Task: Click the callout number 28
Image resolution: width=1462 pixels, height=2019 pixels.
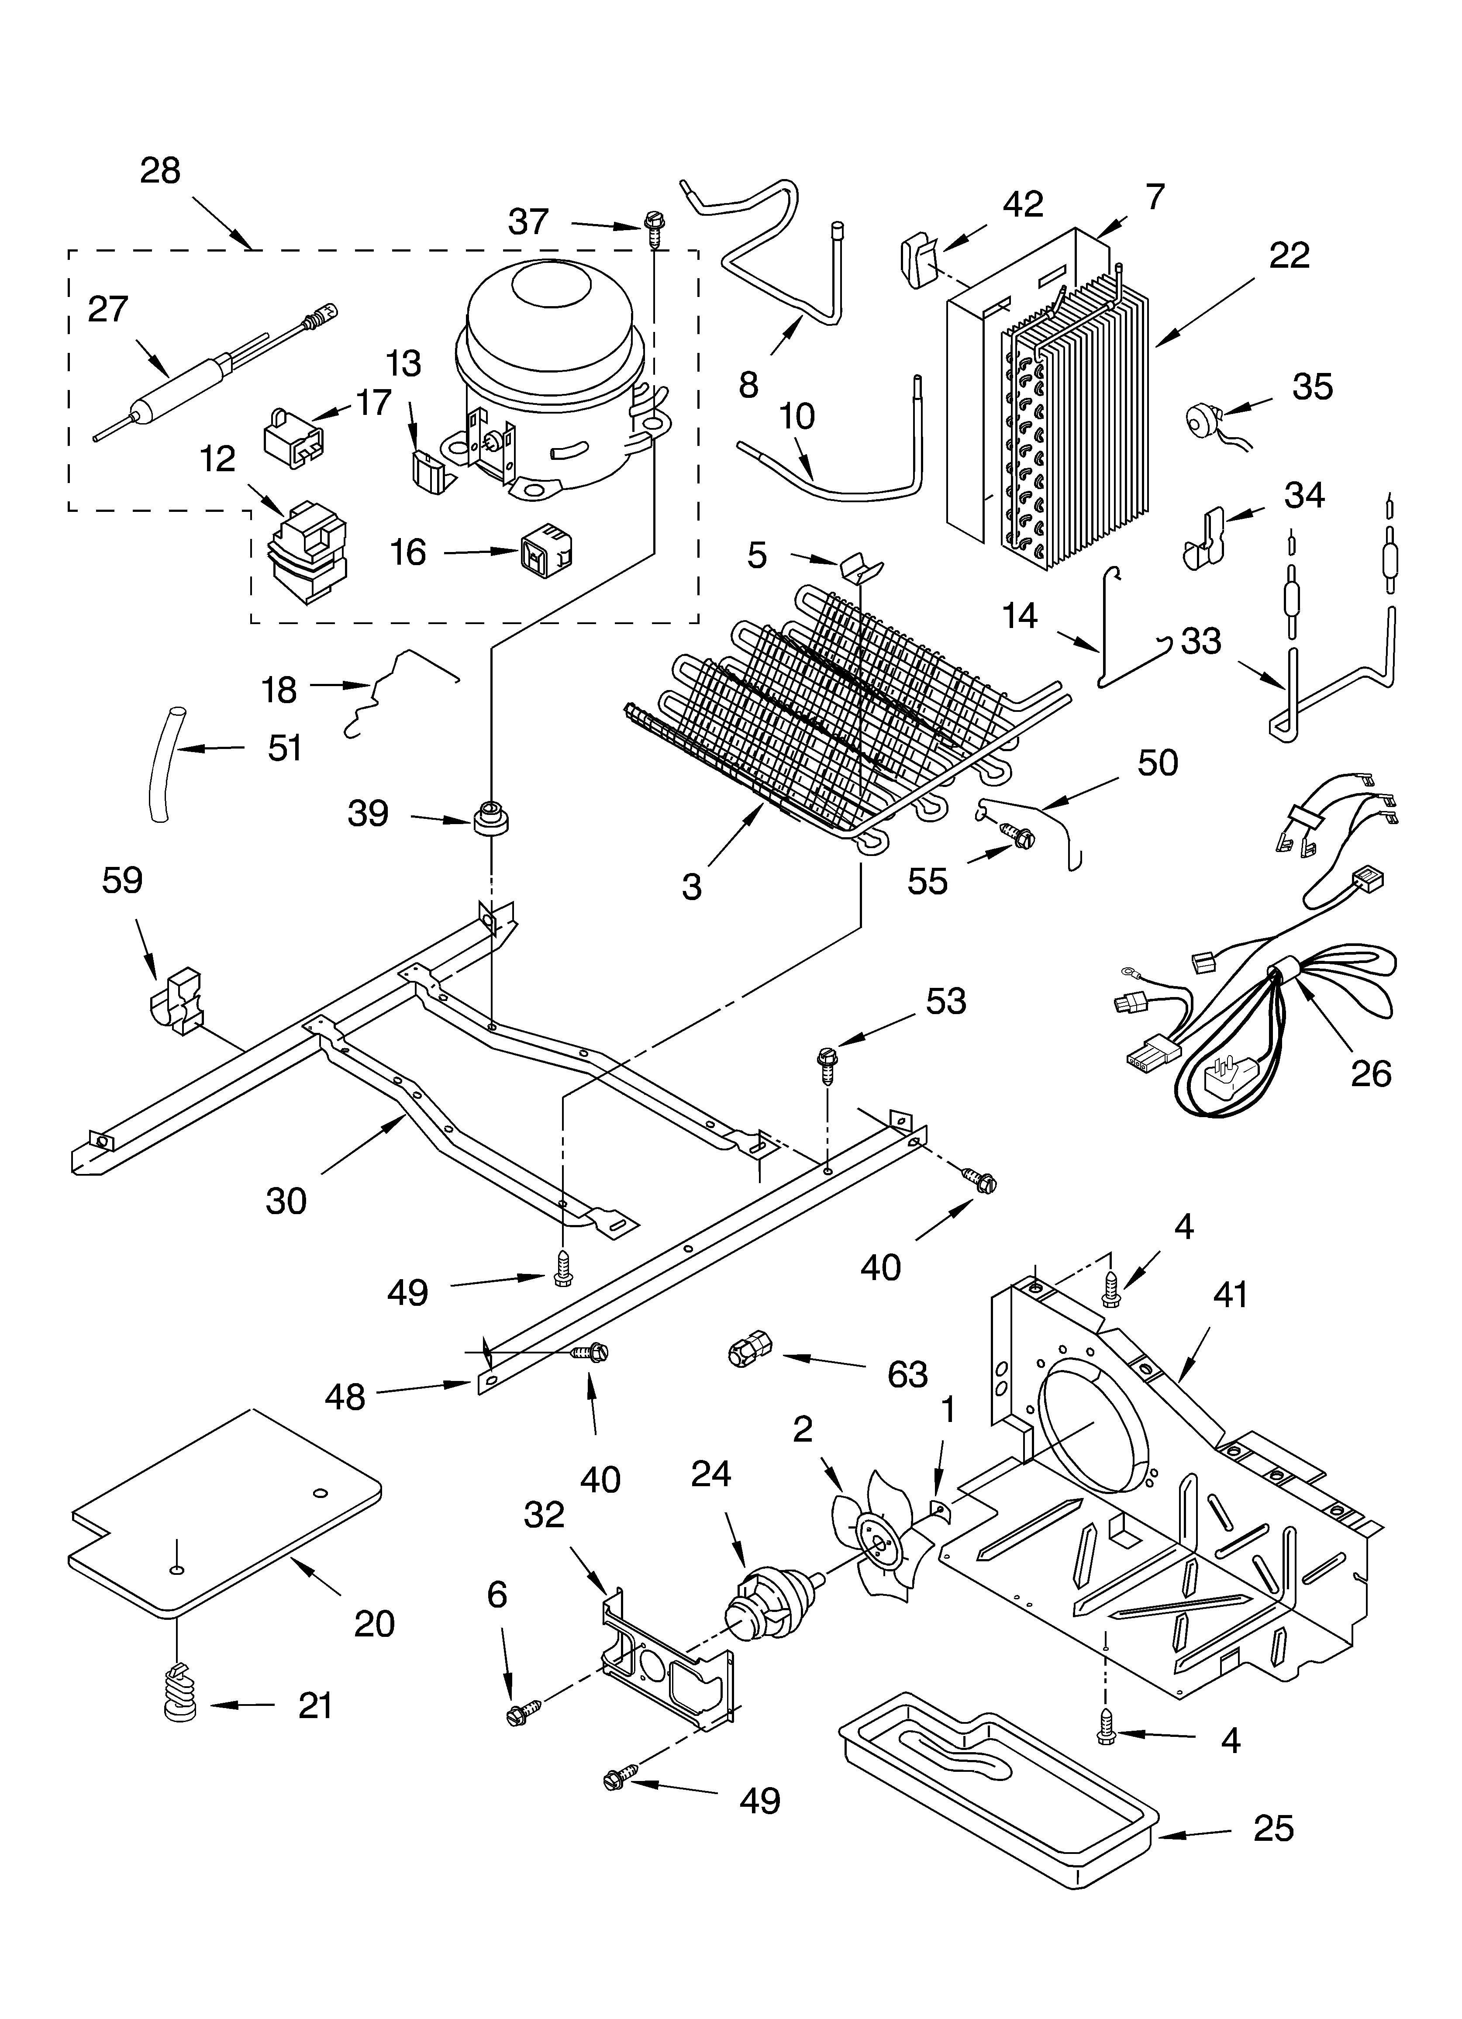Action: [160, 171]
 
